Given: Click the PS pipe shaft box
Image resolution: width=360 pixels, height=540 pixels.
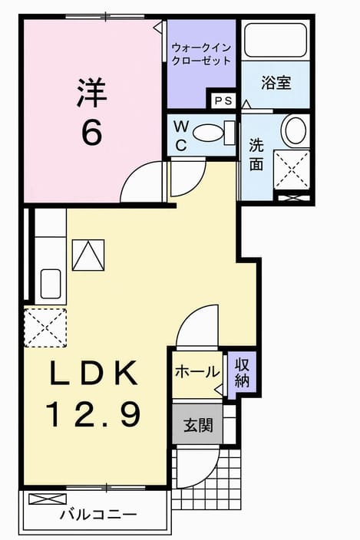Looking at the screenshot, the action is tap(223, 100).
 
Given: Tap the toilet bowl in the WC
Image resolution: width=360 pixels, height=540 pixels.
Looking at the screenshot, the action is tap(208, 132).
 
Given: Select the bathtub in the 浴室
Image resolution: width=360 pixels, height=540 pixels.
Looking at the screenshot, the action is tap(276, 40).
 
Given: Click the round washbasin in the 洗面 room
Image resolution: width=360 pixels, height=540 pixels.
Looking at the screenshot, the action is tap(293, 131).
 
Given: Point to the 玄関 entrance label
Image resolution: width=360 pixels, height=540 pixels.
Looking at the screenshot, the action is tap(199, 425).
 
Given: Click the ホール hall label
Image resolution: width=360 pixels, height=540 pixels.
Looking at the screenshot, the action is tap(197, 372).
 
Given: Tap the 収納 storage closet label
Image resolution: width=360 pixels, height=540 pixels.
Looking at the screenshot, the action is tap(242, 372).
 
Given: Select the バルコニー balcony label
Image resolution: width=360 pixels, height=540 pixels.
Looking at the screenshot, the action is tap(98, 515).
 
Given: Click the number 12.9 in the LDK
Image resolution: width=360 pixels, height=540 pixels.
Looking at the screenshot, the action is tap(93, 415).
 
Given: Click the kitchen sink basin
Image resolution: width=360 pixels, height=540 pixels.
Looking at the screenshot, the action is tap(51, 284).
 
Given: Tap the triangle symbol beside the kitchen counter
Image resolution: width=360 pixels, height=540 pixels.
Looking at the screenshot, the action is tap(88, 255).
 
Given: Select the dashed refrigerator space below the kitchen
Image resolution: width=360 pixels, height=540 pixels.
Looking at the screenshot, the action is tap(45, 328).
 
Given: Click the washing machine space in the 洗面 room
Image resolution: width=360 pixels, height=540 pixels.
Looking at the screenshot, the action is tap(292, 170).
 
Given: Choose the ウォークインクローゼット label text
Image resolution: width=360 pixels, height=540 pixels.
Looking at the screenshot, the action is tap(201, 54).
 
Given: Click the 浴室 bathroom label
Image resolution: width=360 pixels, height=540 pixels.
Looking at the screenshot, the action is tap(276, 83).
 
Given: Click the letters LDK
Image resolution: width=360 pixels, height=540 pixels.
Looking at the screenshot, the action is tap(94, 372).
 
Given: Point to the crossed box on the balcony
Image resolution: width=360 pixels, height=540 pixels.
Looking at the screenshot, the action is tap(48, 499).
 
